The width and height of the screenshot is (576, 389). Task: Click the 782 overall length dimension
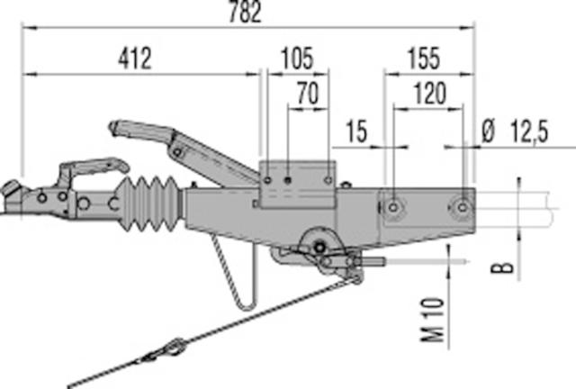tap(245, 12)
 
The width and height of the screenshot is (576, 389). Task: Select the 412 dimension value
tap(135, 59)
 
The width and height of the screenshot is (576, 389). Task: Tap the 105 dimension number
tap(297, 59)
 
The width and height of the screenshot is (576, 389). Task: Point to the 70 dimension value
tap(308, 94)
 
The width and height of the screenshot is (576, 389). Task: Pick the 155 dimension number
tap(424, 59)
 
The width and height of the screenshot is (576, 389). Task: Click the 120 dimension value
tap(430, 94)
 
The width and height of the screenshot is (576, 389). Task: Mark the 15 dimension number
tap(356, 131)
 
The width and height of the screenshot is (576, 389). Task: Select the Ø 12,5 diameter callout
tap(515, 131)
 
